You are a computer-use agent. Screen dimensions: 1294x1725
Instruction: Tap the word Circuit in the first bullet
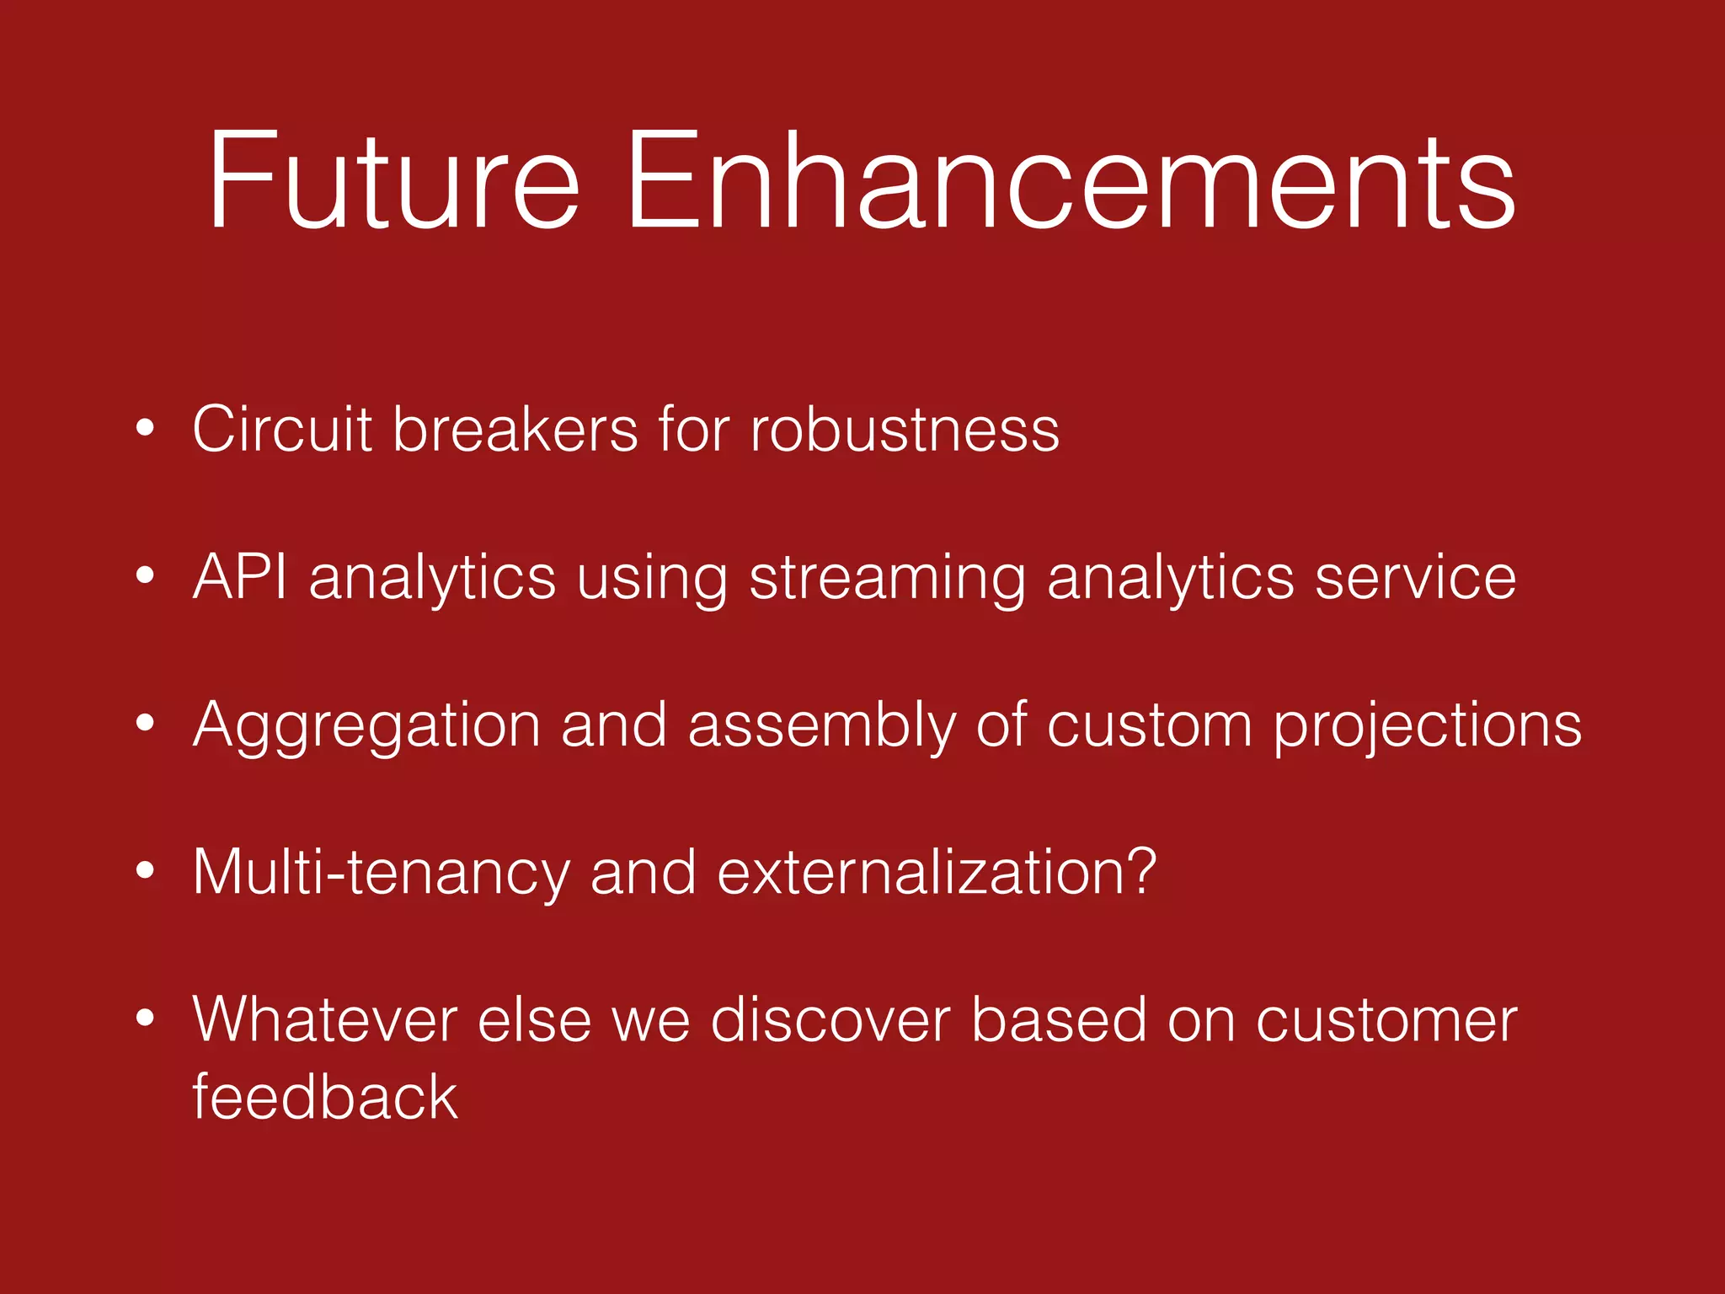pyautogui.click(x=282, y=430)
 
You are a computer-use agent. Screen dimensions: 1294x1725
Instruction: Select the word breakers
pyautogui.click(x=515, y=430)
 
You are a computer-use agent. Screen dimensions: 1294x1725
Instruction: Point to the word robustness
pyautogui.click(x=905, y=430)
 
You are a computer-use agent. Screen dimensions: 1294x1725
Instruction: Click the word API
pyautogui.click(x=240, y=578)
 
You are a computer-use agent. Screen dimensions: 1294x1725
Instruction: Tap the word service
pyautogui.click(x=1415, y=578)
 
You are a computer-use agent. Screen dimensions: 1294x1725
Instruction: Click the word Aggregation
pyautogui.click(x=366, y=726)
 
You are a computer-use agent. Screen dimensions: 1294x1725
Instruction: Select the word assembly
pyautogui.click(x=822, y=726)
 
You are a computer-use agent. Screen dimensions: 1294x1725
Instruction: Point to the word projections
pyautogui.click(x=1427, y=726)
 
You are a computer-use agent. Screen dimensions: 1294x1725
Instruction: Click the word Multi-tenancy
pyautogui.click(x=382, y=874)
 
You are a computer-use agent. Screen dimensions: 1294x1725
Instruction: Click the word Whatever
pyautogui.click(x=325, y=1020)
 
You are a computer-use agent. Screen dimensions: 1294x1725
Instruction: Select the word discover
pyautogui.click(x=830, y=1020)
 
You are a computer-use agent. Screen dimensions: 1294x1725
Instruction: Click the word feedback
pyautogui.click(x=325, y=1098)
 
